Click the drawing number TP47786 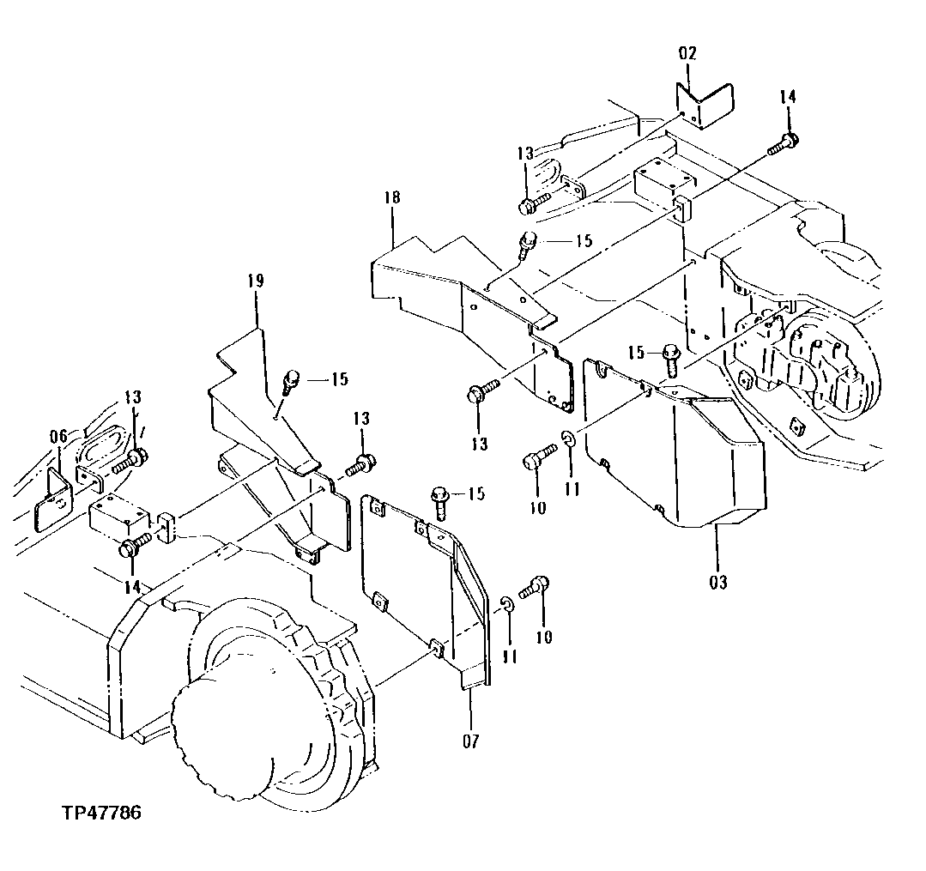pyautogui.click(x=100, y=813)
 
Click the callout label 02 pyautogui.click(x=688, y=53)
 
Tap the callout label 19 pyautogui.click(x=256, y=281)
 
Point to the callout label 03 pyautogui.click(x=718, y=583)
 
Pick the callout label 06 pyautogui.click(x=57, y=437)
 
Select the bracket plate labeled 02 pyautogui.click(x=704, y=104)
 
